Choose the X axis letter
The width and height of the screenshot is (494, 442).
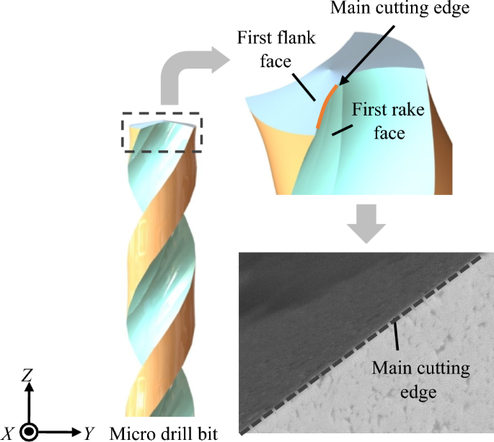coord(9,433)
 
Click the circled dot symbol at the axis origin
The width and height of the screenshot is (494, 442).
coord(29,433)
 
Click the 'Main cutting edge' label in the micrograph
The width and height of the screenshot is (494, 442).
coord(420,378)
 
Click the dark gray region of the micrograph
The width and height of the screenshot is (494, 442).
coord(288,303)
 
